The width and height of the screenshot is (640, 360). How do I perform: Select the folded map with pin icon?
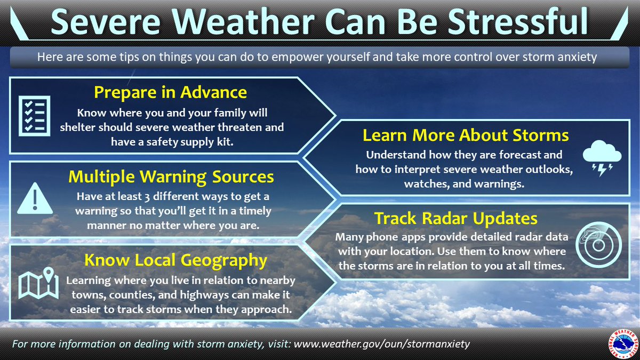(x=38, y=284)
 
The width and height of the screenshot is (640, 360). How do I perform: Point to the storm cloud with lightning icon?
(x=601, y=158)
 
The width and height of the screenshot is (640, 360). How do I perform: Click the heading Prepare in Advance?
(x=170, y=92)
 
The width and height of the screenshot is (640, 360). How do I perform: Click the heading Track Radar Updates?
(x=455, y=218)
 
